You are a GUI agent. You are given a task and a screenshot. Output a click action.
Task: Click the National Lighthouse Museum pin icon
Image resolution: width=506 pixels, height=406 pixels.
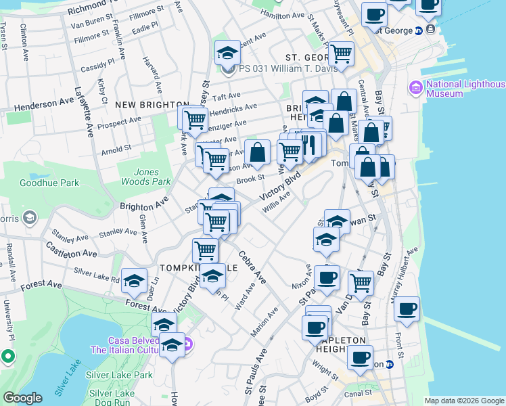pos(415,87)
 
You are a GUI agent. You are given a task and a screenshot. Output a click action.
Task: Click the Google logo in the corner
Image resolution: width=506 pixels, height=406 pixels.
pos(22,398)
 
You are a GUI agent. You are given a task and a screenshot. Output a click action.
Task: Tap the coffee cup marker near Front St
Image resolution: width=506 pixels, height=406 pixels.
pos(407,309)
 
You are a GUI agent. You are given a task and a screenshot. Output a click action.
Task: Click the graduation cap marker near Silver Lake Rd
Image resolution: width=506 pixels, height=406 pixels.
pos(135,279)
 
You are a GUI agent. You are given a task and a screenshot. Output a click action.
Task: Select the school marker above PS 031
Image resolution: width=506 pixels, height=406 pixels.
pos(228,52)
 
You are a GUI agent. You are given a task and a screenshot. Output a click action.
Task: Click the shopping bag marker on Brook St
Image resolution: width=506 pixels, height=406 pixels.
pos(257,152)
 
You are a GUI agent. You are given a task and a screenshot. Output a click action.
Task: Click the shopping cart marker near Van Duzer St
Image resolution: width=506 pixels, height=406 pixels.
pos(361,281)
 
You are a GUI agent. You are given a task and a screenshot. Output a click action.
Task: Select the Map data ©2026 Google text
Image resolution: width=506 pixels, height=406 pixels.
pos(464,401)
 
